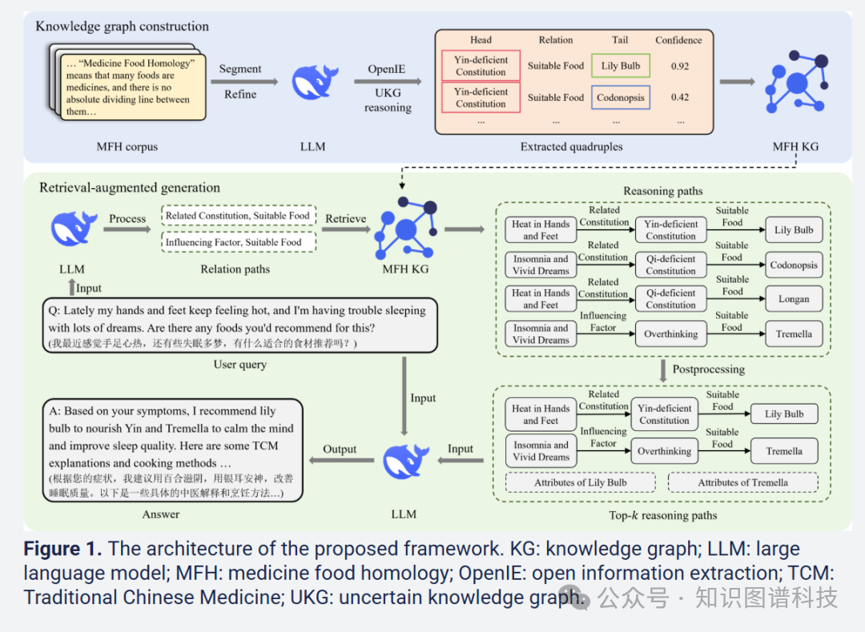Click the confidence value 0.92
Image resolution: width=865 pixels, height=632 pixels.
tap(679, 66)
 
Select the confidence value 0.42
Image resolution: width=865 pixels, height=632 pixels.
tap(679, 98)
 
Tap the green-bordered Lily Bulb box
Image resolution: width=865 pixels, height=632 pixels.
tap(621, 66)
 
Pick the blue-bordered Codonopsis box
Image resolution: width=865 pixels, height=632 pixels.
tap(621, 98)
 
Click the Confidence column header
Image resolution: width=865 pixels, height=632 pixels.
tap(679, 40)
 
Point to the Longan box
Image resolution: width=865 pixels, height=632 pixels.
tap(794, 299)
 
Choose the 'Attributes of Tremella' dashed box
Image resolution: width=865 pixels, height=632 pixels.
tap(742, 482)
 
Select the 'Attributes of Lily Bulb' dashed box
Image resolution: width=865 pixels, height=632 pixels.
tap(581, 482)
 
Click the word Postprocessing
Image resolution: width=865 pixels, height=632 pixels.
tap(708, 369)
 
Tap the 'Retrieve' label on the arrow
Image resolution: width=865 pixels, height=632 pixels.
tap(346, 219)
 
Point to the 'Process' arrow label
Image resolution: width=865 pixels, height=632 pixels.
tap(127, 219)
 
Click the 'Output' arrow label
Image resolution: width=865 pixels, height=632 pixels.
tap(340, 449)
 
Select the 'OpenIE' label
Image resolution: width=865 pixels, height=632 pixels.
tap(386, 70)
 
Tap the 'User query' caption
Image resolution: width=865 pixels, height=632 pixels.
tap(239, 365)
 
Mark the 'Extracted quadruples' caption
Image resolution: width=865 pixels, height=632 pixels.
tap(560, 147)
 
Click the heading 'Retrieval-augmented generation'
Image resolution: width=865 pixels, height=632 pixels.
tap(129, 187)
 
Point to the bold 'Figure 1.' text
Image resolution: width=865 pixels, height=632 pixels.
tap(62, 549)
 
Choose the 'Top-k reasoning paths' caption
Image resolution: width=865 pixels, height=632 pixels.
tap(662, 515)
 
